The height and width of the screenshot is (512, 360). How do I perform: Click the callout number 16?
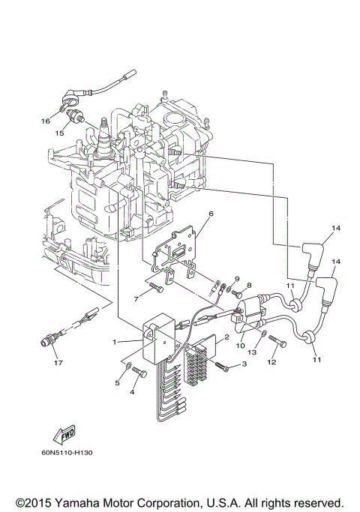tap(45, 121)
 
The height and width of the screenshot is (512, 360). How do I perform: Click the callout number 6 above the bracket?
tap(211, 214)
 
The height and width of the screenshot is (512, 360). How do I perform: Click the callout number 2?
tap(226, 338)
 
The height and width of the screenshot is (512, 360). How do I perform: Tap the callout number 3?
tap(244, 365)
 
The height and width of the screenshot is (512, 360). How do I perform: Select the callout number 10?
tap(241, 346)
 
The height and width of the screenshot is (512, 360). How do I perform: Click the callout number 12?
tap(271, 363)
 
